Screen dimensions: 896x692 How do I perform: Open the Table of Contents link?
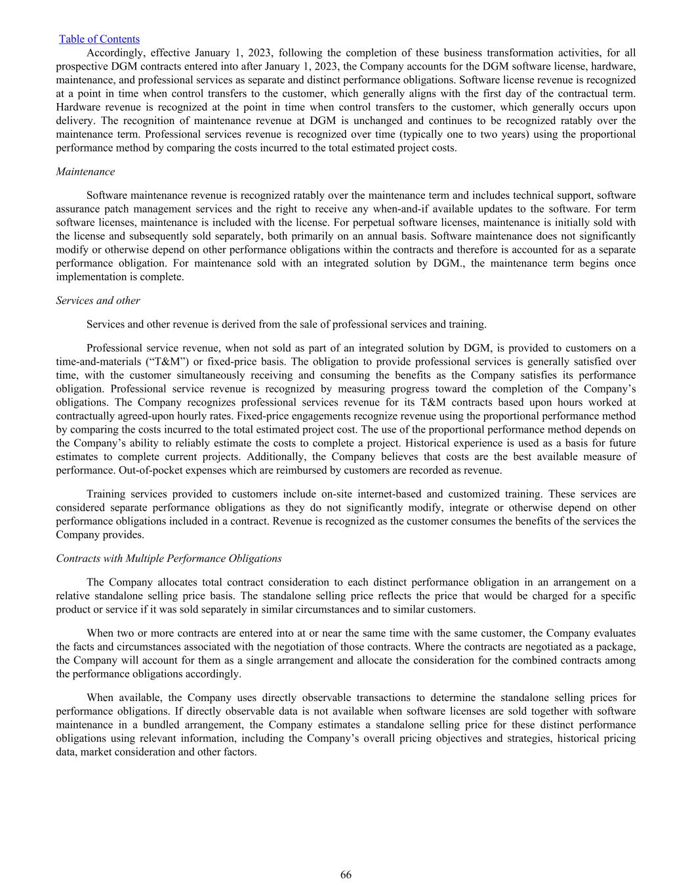click(99, 39)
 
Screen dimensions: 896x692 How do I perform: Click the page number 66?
click(346, 874)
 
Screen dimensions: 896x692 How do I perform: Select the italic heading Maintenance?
click(85, 171)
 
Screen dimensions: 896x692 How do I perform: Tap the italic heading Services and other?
click(98, 300)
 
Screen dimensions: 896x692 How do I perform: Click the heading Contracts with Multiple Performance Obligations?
click(169, 558)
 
